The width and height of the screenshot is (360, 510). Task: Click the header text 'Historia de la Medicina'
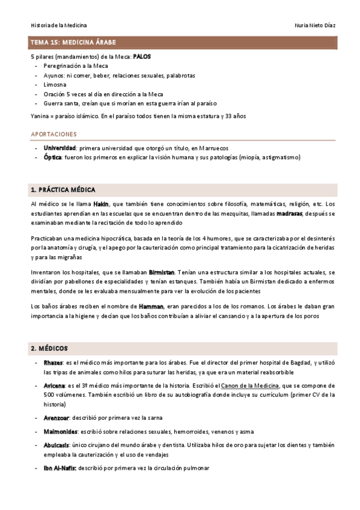[x=58, y=25]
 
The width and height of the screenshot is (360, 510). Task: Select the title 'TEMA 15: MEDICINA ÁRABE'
[x=73, y=43]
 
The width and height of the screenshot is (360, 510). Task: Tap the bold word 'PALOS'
[x=142, y=57]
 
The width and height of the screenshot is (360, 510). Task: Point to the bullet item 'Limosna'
[x=55, y=85]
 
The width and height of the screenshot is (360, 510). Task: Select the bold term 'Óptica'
[x=52, y=158]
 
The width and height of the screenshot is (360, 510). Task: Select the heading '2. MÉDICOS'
[x=49, y=348]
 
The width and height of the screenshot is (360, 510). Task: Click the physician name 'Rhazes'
[x=53, y=363]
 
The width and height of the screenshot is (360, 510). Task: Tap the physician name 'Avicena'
[x=53, y=386]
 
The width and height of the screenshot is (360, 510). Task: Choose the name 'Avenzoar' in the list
[x=56, y=417]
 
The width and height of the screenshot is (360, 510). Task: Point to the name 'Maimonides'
[x=60, y=431]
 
